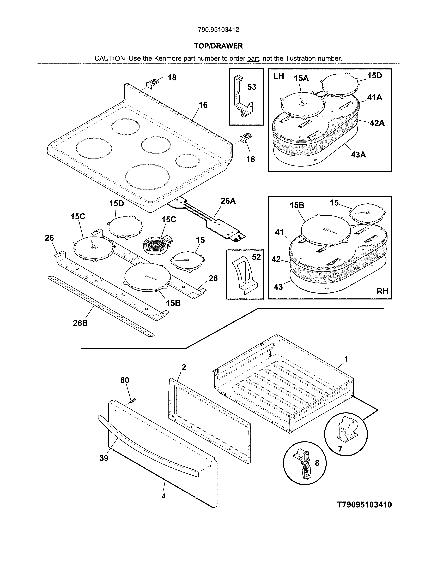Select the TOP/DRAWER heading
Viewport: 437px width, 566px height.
point(218,46)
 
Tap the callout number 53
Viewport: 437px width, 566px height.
point(251,87)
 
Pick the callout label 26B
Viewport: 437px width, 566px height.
point(80,323)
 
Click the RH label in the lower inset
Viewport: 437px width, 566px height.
point(382,291)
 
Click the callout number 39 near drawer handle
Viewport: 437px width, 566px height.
point(104,458)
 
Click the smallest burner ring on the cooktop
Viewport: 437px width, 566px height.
point(187,161)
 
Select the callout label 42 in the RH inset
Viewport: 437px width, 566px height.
point(276,259)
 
